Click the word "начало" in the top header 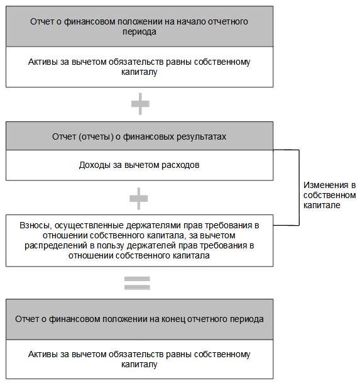(191, 22)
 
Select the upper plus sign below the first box (140, 104)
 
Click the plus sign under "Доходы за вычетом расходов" (139, 199)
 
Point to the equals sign (137, 283)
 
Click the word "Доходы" (95, 165)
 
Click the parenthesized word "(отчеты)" (96, 137)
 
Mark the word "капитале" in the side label (322, 205)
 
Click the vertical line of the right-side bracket (299, 187)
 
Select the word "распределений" (56, 245)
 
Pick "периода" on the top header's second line (139, 32)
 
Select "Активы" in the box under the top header (43, 62)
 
